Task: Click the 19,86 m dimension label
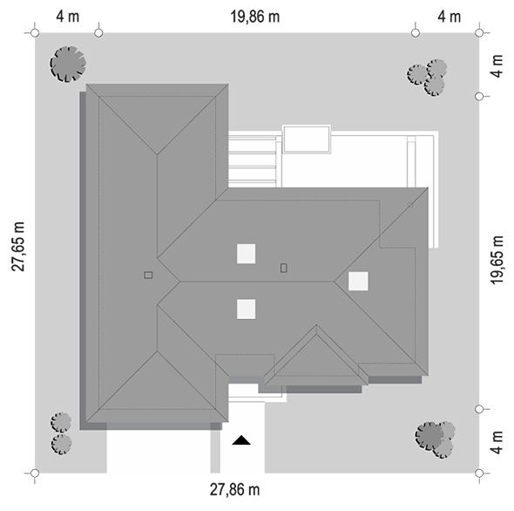[255, 17]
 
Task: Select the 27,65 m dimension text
[18, 247]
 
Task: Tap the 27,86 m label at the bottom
[234, 490]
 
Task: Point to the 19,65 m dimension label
[497, 260]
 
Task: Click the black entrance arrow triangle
[241, 440]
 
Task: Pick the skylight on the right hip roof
[358, 281]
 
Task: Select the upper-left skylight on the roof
[247, 254]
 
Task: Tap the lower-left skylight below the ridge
[247, 309]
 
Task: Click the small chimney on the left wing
[148, 275]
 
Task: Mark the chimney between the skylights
[283, 268]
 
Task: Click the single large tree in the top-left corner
[68, 64]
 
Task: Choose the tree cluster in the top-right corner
[428, 77]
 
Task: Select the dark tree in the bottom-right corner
[429, 436]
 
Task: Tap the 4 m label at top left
[68, 17]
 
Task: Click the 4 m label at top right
[449, 17]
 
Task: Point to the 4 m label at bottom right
[497, 442]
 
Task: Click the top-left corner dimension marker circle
[35, 33]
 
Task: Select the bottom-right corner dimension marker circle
[479, 474]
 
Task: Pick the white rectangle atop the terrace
[307, 140]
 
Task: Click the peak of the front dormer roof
[316, 325]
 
